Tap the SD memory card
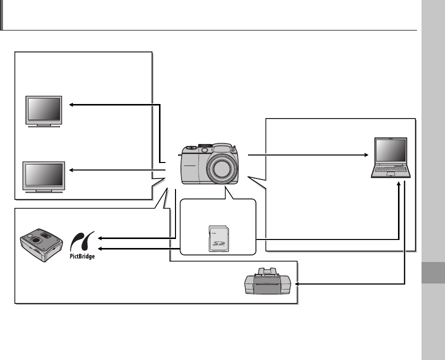[217, 238]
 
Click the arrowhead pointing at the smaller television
[71, 104]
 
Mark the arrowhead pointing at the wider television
[71, 170]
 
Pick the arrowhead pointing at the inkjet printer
[298, 283]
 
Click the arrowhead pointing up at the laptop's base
[398, 182]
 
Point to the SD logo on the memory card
[217, 243]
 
